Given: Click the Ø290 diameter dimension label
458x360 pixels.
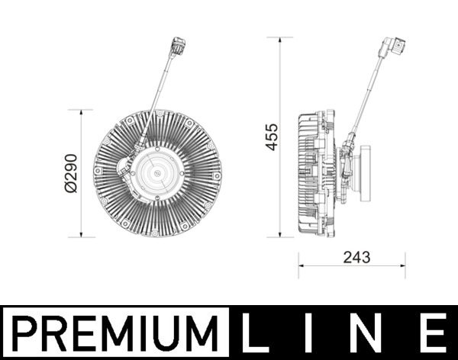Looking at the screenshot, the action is point(71,173).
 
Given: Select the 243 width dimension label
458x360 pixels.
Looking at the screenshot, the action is point(356,257).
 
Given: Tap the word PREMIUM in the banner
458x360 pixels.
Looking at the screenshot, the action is point(115,333).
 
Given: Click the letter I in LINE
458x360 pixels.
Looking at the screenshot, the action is point(308,333).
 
